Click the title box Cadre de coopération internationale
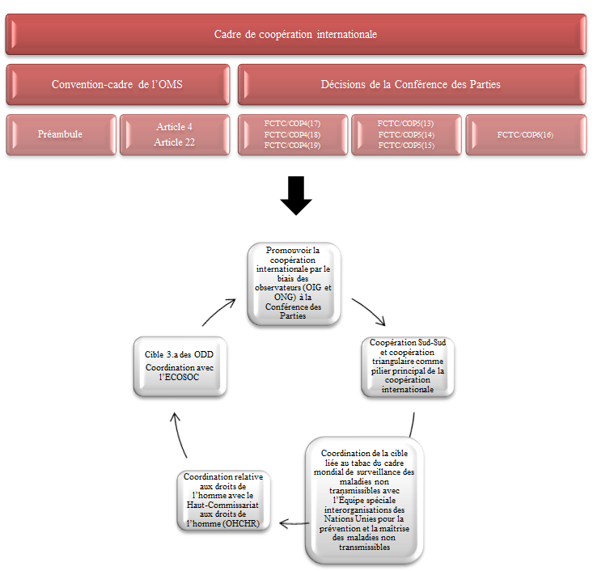pos(296,35)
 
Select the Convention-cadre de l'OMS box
pos(118,84)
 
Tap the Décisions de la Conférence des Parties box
pos(410,84)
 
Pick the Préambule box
pos(61,134)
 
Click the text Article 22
pos(175,142)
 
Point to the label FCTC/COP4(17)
pos(292,123)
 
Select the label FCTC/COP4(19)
pos(292,146)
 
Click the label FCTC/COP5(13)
pos(406,123)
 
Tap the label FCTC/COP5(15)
pos(406,146)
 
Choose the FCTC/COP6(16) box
pos(525,134)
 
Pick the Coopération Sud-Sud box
pos(407,366)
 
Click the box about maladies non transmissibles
pos(362,500)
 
